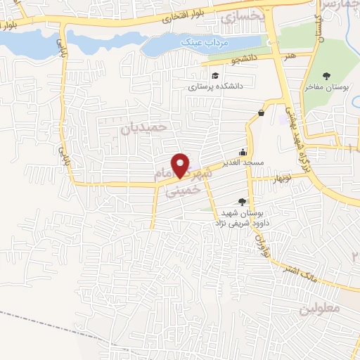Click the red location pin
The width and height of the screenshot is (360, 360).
pos(181,165)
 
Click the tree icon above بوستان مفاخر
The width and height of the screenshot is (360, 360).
pos(328,74)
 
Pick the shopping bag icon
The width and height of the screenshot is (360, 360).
pos(262,112)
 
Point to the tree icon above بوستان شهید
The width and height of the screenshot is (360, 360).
pos(243,202)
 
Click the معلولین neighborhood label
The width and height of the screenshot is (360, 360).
pos(321,308)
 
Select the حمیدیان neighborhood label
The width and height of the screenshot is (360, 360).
pos(146,127)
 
